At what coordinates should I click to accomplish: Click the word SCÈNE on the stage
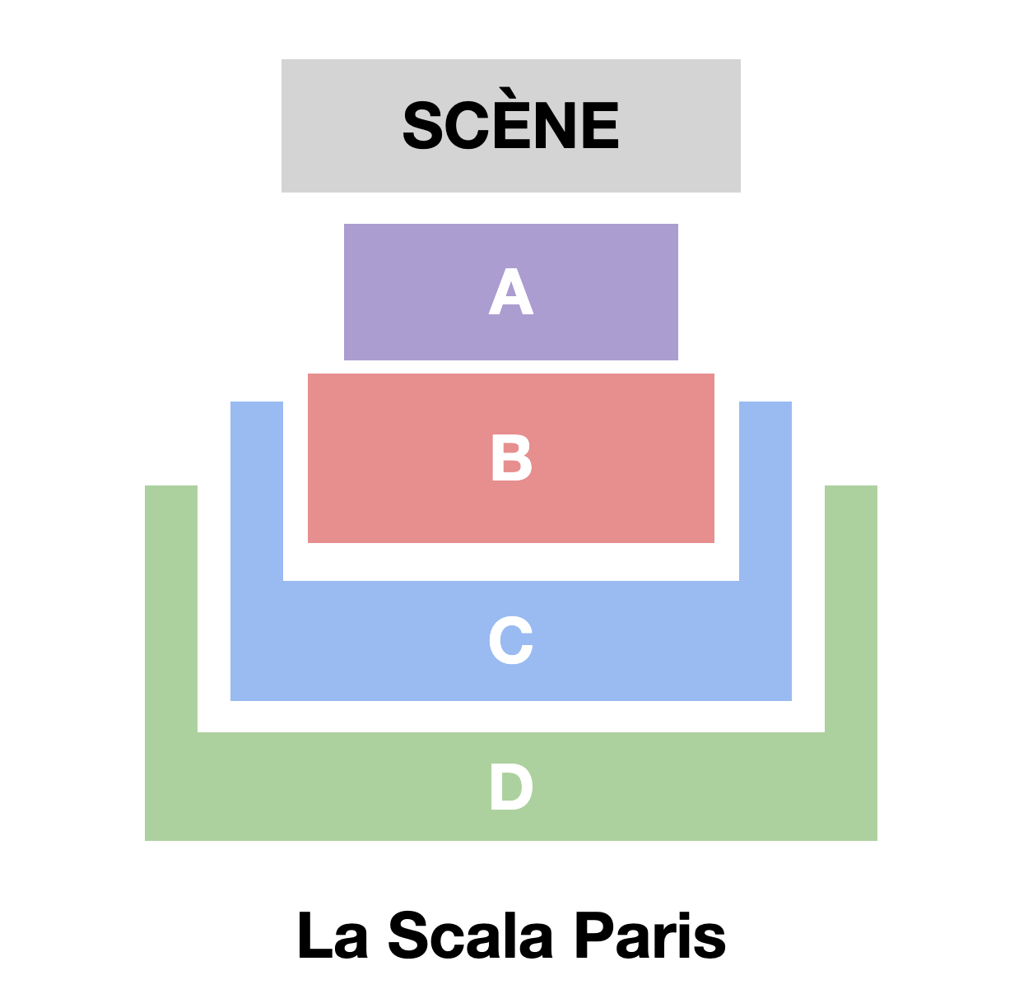tap(510, 126)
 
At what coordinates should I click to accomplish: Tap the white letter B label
tap(511, 458)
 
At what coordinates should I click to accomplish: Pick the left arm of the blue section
tap(257, 510)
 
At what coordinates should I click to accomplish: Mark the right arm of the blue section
tap(765, 510)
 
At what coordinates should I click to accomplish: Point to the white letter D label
tap(510, 787)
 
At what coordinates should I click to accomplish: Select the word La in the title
tap(333, 936)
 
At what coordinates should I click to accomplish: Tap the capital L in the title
tap(313, 936)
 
